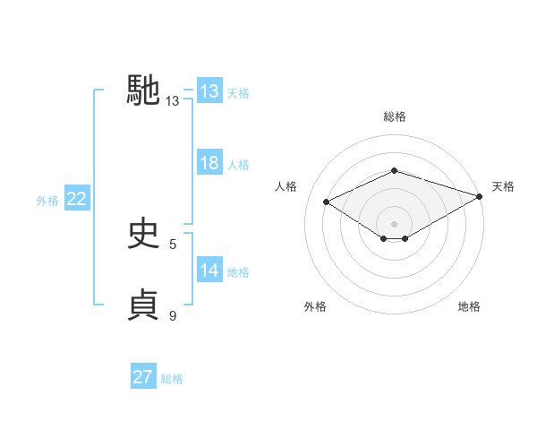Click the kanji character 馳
(x=143, y=91)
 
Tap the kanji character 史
(x=143, y=233)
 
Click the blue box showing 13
(x=209, y=91)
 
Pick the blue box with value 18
(x=209, y=163)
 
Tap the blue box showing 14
(x=209, y=271)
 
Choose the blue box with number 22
(x=76, y=200)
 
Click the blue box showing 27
(x=143, y=377)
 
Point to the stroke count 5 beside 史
(x=173, y=244)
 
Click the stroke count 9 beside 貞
(x=173, y=315)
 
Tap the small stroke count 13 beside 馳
(x=173, y=102)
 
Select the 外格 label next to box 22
(x=47, y=201)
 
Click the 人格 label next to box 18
(x=238, y=165)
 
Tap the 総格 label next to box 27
(x=172, y=379)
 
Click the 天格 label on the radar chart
(x=503, y=186)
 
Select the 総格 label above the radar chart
(x=394, y=116)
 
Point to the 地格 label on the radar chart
(x=469, y=306)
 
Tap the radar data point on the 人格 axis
(x=327, y=202)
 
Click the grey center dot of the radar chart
(x=394, y=222)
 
